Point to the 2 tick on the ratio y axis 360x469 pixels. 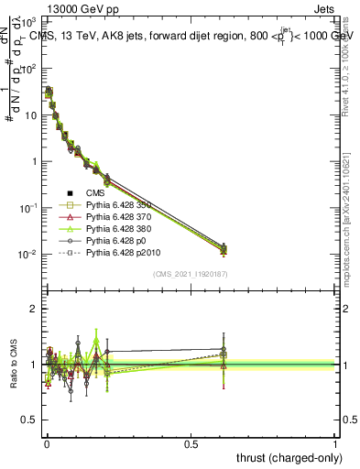[x=36, y=309]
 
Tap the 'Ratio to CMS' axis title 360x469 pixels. [x=13, y=364]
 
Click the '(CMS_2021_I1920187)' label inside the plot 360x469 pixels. [x=191, y=274]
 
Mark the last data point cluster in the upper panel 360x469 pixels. [x=224, y=247]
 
